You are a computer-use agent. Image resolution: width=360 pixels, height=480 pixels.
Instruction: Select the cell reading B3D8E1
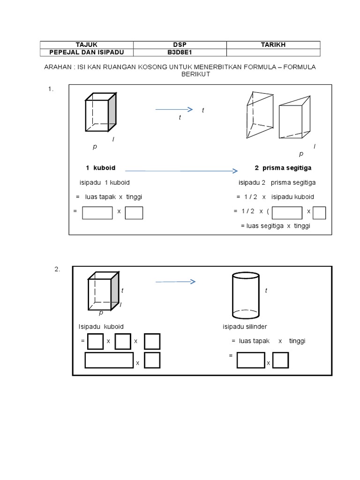[x=180, y=52]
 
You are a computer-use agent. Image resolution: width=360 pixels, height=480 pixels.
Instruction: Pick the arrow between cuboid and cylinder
[x=175, y=282]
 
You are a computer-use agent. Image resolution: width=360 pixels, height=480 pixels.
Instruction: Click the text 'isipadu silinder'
[x=245, y=327]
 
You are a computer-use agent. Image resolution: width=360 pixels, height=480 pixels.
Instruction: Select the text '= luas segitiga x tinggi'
[x=276, y=226]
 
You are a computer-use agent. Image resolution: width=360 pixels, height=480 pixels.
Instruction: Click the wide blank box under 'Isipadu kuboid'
[x=109, y=360]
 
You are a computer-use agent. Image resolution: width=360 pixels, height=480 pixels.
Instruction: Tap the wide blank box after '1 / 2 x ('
[x=287, y=212]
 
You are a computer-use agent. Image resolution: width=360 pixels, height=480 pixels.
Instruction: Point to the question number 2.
[x=57, y=269]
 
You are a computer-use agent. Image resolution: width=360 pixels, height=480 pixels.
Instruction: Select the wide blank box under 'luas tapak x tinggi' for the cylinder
[x=251, y=360]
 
